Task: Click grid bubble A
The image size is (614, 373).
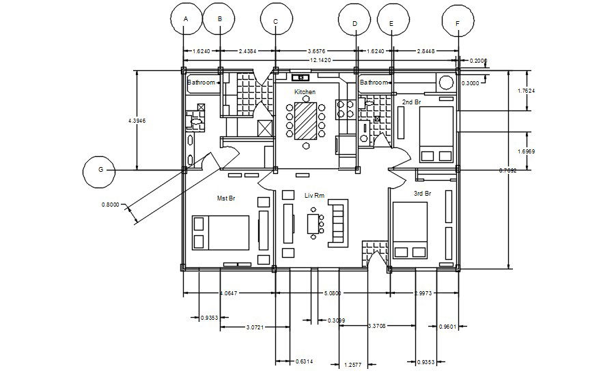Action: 185,20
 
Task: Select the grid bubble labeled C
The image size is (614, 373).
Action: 275,20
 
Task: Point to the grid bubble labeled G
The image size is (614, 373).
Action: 100,170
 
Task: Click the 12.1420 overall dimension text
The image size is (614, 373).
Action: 320,60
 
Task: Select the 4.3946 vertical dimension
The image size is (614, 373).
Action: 137,120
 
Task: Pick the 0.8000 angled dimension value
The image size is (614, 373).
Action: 110,204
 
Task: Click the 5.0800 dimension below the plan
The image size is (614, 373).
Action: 332,293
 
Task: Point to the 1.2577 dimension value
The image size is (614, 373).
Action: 354,364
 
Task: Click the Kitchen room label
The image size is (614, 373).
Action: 305,91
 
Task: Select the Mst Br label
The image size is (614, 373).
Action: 226,198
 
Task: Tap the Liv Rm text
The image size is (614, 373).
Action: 315,196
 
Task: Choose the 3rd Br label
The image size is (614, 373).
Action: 423,194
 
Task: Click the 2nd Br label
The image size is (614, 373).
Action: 411,102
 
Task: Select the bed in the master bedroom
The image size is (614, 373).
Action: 221,233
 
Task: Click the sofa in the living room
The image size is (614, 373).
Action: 339,222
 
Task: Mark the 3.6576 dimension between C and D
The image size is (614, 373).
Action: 315,50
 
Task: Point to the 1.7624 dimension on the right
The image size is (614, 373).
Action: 525,91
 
